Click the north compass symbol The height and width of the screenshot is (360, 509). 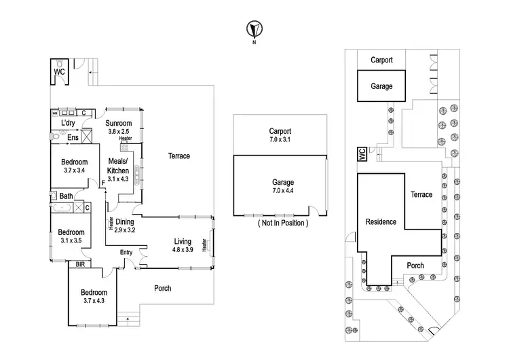254,30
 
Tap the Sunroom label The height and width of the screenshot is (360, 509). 118,123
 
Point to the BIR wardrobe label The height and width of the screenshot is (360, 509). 81,264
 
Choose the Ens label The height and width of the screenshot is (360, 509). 73,138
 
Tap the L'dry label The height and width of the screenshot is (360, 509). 68,123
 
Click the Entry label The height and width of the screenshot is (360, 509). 126,253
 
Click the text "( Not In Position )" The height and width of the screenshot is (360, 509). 282,223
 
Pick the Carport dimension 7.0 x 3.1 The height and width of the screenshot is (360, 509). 280,139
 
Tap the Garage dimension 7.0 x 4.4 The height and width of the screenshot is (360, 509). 282,191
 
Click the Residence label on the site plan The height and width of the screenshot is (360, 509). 381,222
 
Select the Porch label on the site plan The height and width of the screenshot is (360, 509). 415,266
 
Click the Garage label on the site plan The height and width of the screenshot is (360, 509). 381,86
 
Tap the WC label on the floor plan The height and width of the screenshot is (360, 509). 60,71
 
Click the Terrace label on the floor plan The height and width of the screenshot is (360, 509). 179,156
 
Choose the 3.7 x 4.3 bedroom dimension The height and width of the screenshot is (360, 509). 95,302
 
